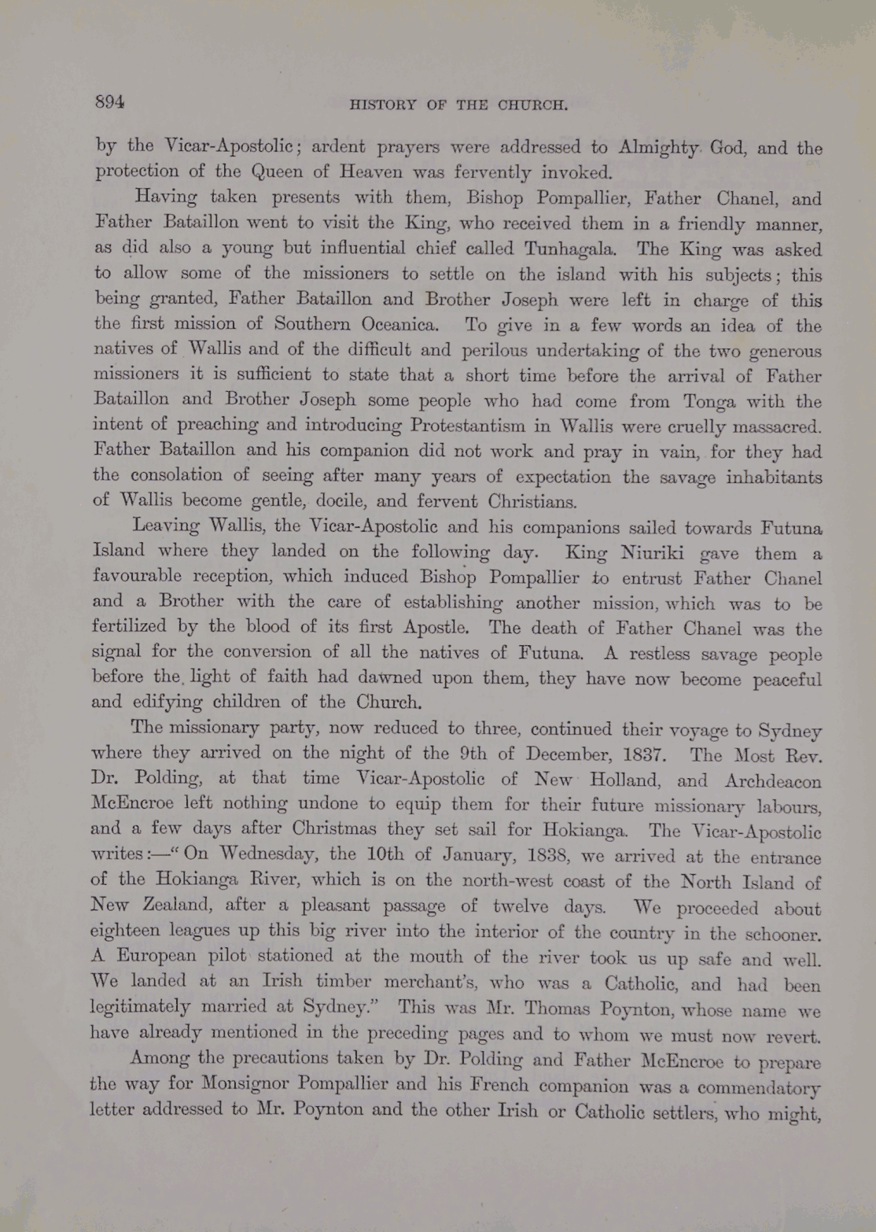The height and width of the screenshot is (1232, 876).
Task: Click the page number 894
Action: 110,101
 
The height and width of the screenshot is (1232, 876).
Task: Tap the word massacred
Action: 775,427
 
